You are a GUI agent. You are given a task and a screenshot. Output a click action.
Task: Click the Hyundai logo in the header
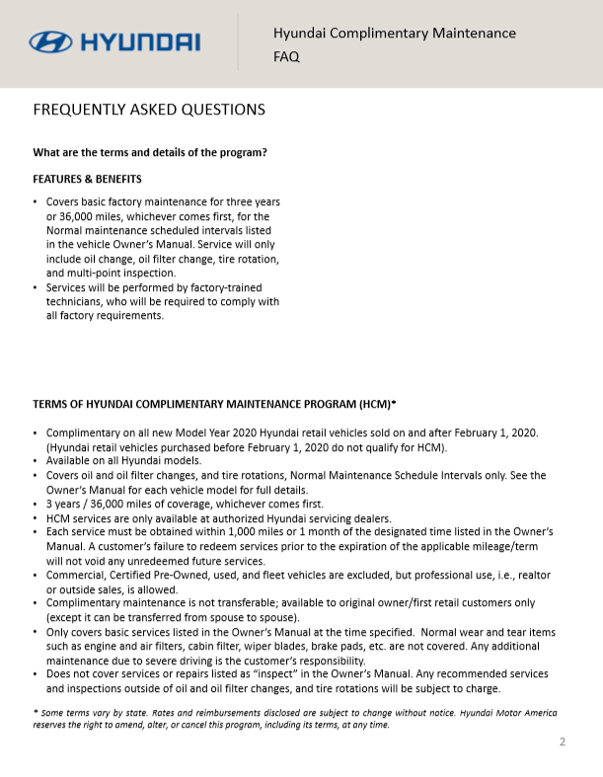(x=114, y=41)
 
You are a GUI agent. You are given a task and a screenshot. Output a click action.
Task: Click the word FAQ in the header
(x=286, y=57)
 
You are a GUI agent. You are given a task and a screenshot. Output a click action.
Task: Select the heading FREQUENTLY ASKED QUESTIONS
(x=149, y=110)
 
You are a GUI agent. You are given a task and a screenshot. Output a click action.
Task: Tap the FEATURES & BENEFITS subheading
(x=88, y=179)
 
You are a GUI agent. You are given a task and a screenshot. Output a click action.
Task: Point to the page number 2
(x=563, y=742)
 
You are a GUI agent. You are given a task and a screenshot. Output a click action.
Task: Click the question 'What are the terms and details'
(x=150, y=152)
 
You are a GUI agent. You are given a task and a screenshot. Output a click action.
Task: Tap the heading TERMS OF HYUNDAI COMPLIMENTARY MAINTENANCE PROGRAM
(x=214, y=404)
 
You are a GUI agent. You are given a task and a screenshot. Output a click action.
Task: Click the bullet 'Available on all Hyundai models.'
(x=123, y=461)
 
